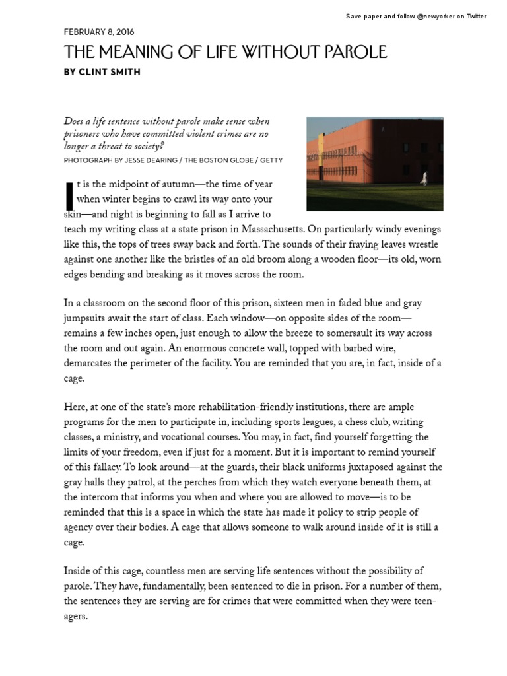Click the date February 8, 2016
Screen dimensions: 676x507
99,32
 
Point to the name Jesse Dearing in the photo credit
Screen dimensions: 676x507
137,160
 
